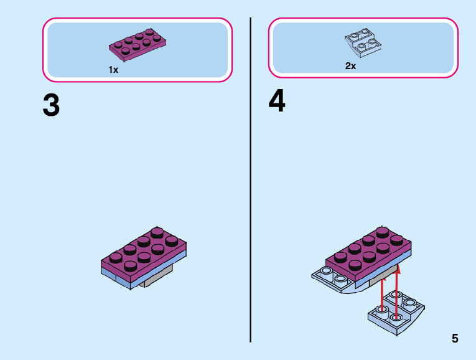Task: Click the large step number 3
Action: point(51,105)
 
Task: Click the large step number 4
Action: point(277,102)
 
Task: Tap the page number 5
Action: point(455,339)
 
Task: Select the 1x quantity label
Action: point(113,70)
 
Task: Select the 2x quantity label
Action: point(350,66)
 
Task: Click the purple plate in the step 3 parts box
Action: point(138,43)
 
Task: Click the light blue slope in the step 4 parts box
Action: point(364,43)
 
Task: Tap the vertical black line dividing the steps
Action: point(250,187)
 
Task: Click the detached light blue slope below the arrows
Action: point(396,311)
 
